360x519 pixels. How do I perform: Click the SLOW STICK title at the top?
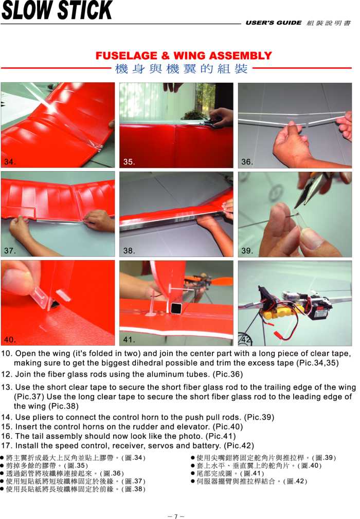point(57,10)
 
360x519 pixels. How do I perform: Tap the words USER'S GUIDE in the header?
point(274,23)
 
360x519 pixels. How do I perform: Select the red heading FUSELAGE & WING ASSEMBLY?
point(184,55)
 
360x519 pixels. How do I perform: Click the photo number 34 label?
point(10,162)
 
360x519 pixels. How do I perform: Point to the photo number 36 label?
point(247,162)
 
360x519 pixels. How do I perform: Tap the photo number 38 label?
point(129,251)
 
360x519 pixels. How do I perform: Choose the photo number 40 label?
point(10,340)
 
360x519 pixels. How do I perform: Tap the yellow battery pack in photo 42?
point(279,313)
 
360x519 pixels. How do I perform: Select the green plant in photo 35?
point(195,115)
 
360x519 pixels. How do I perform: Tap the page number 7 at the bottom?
point(176,516)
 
